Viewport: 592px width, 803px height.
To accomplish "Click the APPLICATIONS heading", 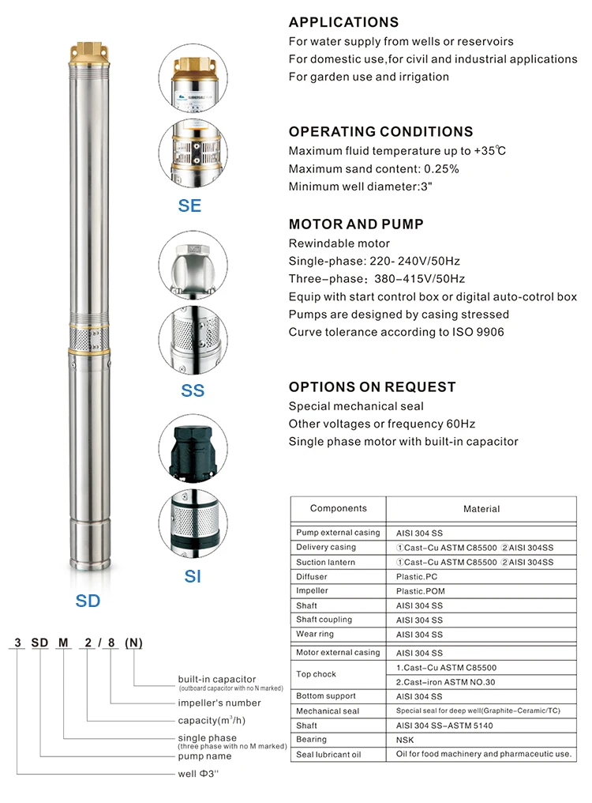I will point(343,22).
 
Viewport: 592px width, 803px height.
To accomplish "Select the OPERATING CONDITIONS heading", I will point(380,132).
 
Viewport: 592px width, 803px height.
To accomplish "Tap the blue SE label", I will point(189,205).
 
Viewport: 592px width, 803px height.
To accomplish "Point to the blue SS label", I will point(193,390).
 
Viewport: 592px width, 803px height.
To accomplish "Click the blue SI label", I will point(193,577).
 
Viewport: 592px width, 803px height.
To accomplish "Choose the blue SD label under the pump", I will point(88,601).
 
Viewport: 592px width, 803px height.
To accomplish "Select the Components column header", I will point(338,508).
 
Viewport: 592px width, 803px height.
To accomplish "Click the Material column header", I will point(481,509).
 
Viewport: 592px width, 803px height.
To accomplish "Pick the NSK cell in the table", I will point(404,740).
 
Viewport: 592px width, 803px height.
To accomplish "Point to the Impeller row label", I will point(312,591).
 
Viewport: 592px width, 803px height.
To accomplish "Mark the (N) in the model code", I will point(135,642).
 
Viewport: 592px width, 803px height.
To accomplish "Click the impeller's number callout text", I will point(219,703).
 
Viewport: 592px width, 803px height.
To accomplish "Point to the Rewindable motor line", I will point(339,243).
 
